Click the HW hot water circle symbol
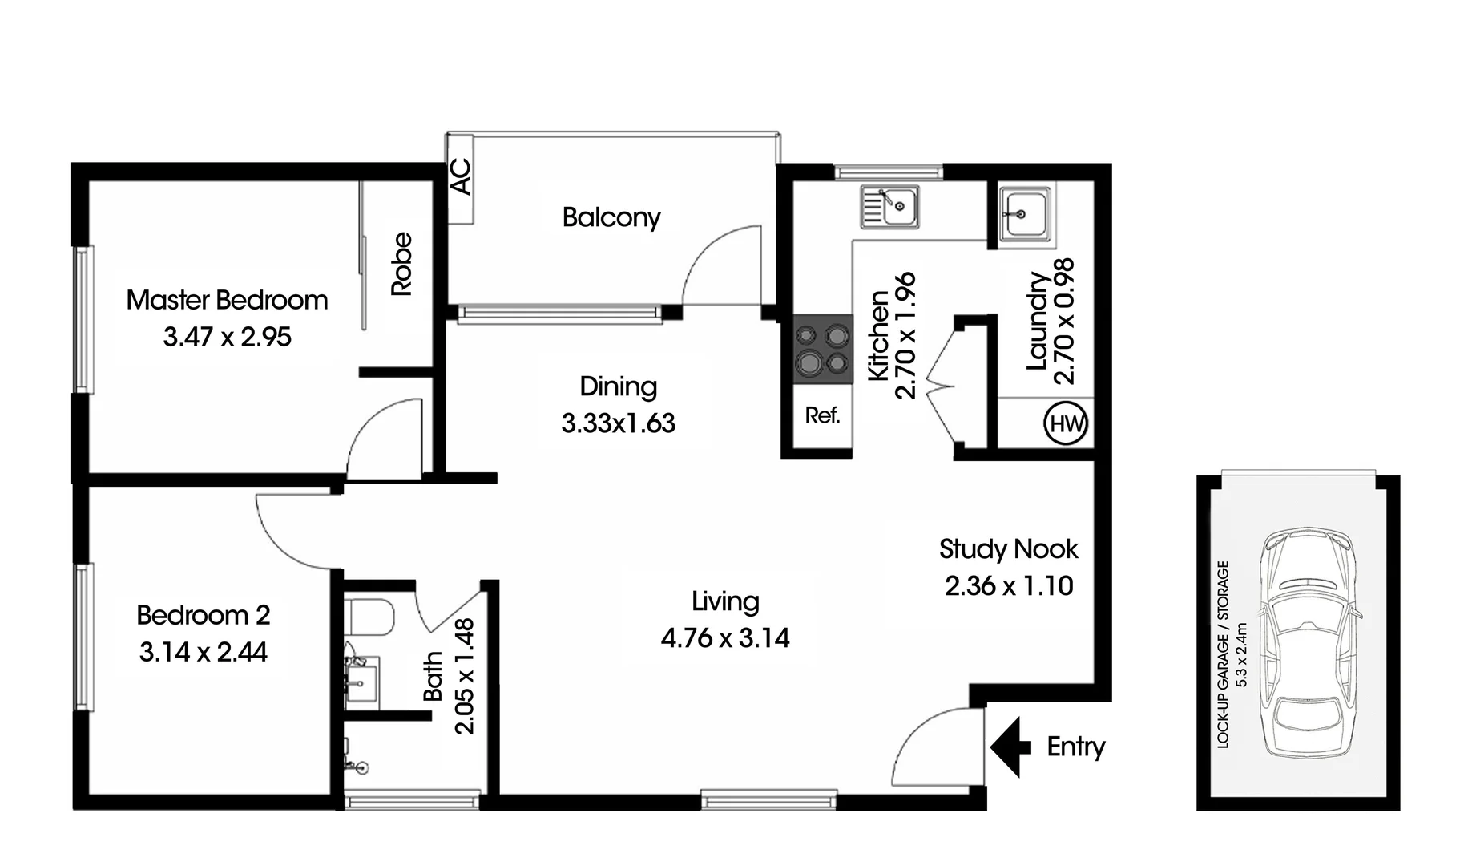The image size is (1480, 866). click(x=1067, y=423)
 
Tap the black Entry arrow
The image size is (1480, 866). click(x=1010, y=747)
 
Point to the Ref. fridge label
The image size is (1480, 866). click(x=822, y=415)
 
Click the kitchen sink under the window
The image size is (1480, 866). click(x=889, y=207)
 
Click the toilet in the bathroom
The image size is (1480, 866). click(x=372, y=616)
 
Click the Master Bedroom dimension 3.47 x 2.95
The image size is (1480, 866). click(x=227, y=337)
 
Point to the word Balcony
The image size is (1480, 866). click(x=611, y=217)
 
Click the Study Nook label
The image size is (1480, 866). click(x=1008, y=549)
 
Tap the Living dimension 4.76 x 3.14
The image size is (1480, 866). click(x=725, y=638)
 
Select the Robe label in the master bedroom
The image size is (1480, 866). click(x=401, y=264)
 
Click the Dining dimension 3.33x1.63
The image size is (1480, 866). click(x=618, y=423)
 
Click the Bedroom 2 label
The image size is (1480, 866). click(x=204, y=615)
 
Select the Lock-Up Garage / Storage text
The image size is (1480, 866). click(x=1223, y=654)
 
